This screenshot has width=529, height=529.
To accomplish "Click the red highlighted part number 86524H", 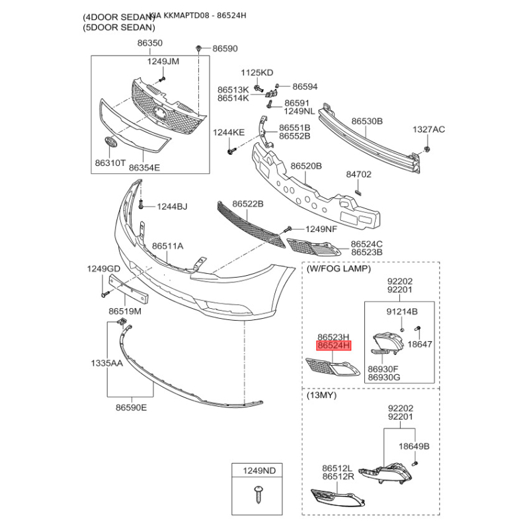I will [335, 346].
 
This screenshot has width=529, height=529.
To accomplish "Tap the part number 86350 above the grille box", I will [150, 43].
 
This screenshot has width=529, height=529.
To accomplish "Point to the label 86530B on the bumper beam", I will [367, 122].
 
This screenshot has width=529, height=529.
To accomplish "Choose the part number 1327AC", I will [429, 129].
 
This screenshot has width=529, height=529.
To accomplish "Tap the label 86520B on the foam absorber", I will [306, 166].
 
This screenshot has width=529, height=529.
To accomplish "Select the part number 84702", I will [359, 175].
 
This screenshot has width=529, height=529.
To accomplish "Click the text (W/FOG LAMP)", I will [339, 269].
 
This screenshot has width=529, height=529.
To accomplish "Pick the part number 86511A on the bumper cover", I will [167, 246].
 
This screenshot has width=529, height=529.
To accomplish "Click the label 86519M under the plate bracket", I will [125, 311].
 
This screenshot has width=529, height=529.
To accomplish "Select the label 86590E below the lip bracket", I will [131, 407].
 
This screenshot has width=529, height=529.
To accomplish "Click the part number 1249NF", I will [321, 229].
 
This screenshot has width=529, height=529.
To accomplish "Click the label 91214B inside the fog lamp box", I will [401, 311].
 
